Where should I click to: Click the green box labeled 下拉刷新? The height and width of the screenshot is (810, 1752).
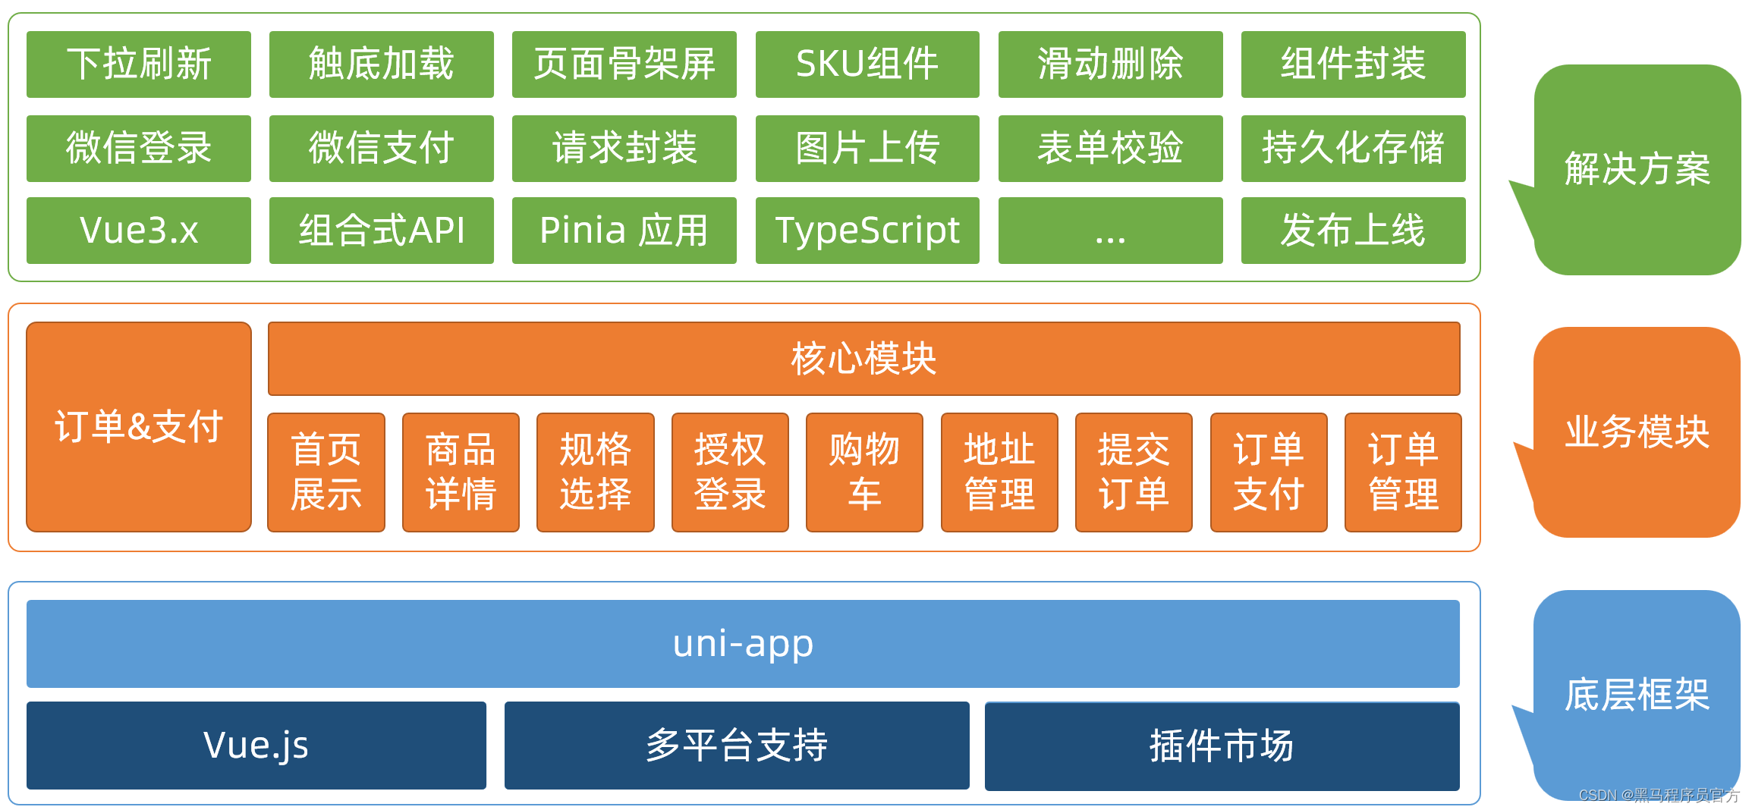(139, 64)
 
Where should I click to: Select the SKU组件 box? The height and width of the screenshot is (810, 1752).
(867, 64)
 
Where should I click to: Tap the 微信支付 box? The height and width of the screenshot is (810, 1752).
(382, 149)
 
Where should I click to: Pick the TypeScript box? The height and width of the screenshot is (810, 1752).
(867, 231)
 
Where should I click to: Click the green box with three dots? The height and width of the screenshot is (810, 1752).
(1110, 231)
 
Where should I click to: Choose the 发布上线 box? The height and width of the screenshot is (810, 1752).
(1353, 231)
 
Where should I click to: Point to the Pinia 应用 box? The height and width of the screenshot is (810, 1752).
(624, 231)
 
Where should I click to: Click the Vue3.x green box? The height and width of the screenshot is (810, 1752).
(139, 231)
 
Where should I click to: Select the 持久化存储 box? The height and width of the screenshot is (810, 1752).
(1353, 149)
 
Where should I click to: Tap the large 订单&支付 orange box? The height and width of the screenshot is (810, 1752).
(139, 427)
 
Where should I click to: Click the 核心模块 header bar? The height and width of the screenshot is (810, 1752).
(863, 359)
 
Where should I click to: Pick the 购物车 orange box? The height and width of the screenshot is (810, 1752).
(864, 472)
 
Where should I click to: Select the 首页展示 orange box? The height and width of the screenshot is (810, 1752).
(326, 472)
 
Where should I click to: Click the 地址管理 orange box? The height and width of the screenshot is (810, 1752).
(999, 472)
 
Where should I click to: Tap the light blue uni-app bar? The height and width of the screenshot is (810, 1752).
(743, 644)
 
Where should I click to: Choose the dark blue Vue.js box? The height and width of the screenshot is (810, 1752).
(256, 746)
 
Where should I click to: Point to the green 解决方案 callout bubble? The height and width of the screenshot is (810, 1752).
(1637, 169)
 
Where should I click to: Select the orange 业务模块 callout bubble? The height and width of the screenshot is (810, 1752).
(1637, 432)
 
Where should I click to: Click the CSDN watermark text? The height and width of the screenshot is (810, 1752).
(1659, 795)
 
